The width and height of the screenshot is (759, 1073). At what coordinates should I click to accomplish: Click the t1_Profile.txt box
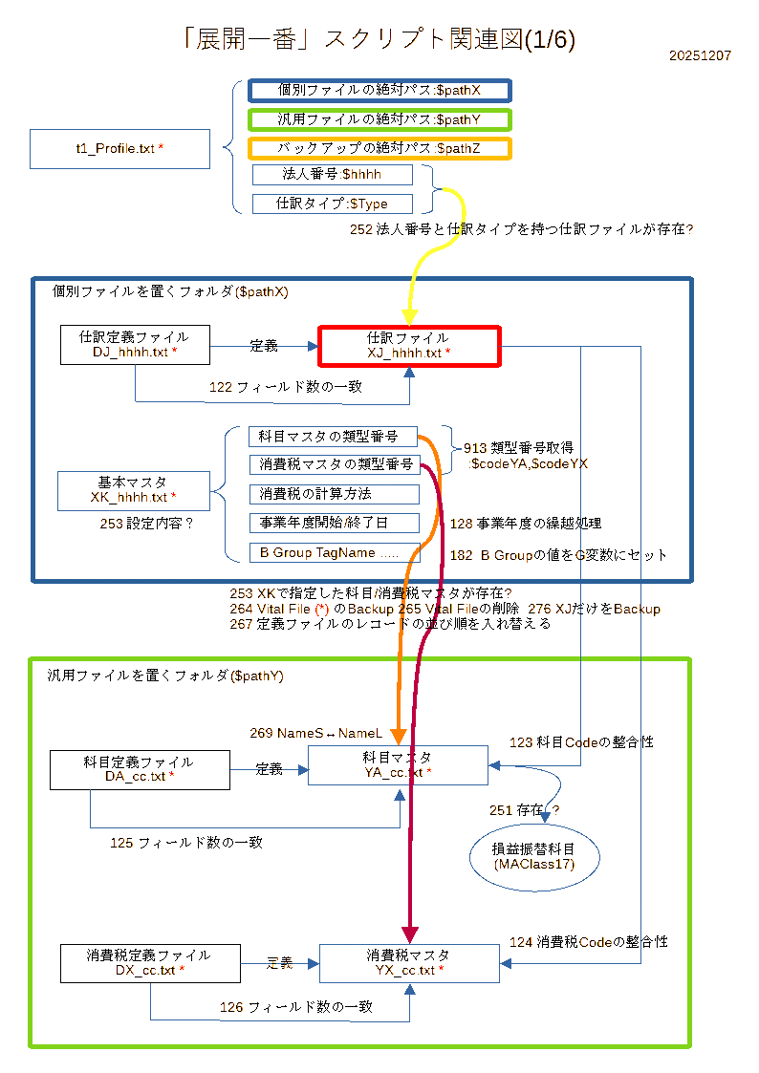[x=119, y=149]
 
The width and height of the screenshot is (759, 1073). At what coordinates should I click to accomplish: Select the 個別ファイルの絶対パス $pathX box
[x=379, y=90]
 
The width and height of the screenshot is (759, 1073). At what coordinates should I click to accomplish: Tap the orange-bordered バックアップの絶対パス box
[x=379, y=148]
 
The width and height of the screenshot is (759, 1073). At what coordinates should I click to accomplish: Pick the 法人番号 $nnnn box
[x=332, y=175]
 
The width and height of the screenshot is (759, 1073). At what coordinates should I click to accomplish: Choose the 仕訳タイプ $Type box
[x=332, y=204]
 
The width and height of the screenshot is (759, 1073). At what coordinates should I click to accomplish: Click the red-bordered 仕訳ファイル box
[x=408, y=346]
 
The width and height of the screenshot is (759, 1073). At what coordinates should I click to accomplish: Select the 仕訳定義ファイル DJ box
[x=134, y=345]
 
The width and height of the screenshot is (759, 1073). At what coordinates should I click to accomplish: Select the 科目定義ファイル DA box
[x=139, y=769]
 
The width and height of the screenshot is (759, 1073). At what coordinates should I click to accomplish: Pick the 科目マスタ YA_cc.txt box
[x=398, y=765]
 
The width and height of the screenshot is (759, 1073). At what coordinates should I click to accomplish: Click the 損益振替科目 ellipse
[x=534, y=856]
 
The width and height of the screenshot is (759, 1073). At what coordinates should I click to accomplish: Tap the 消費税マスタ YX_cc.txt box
[x=409, y=963]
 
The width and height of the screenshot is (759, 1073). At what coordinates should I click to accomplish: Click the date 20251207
[x=701, y=56]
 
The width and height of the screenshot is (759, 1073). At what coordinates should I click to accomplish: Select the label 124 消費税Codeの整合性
[x=588, y=942]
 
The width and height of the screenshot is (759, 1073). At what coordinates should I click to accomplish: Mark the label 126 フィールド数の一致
[x=295, y=1007]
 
